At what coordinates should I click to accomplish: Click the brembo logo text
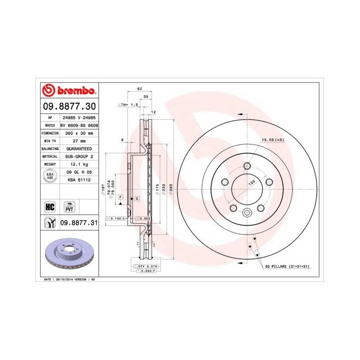[76, 91]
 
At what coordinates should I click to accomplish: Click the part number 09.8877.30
[69, 106]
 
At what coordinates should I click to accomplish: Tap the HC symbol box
[50, 207]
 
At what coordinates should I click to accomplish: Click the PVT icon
[69, 207]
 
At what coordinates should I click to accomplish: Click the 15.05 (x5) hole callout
[273, 140]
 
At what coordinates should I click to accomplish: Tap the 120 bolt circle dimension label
[253, 183]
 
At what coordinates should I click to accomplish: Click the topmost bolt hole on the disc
[247, 166]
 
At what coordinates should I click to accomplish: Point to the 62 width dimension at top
[139, 89]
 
